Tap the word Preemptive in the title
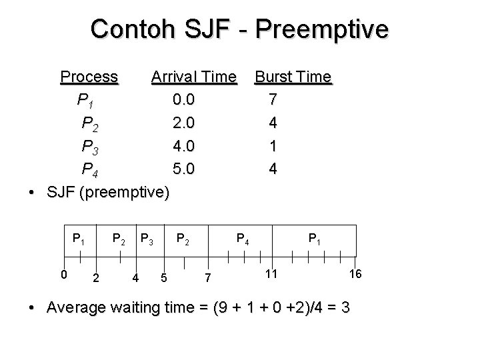tap(321, 29)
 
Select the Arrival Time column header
tap(193, 77)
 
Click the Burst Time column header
tap(293, 77)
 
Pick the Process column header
tap(89, 77)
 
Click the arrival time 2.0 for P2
tap(183, 123)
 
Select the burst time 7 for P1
tap(272, 100)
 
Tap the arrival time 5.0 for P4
tap(183, 169)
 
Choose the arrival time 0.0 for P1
tap(183, 100)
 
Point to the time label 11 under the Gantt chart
tap(269, 273)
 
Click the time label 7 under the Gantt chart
tap(207, 277)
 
